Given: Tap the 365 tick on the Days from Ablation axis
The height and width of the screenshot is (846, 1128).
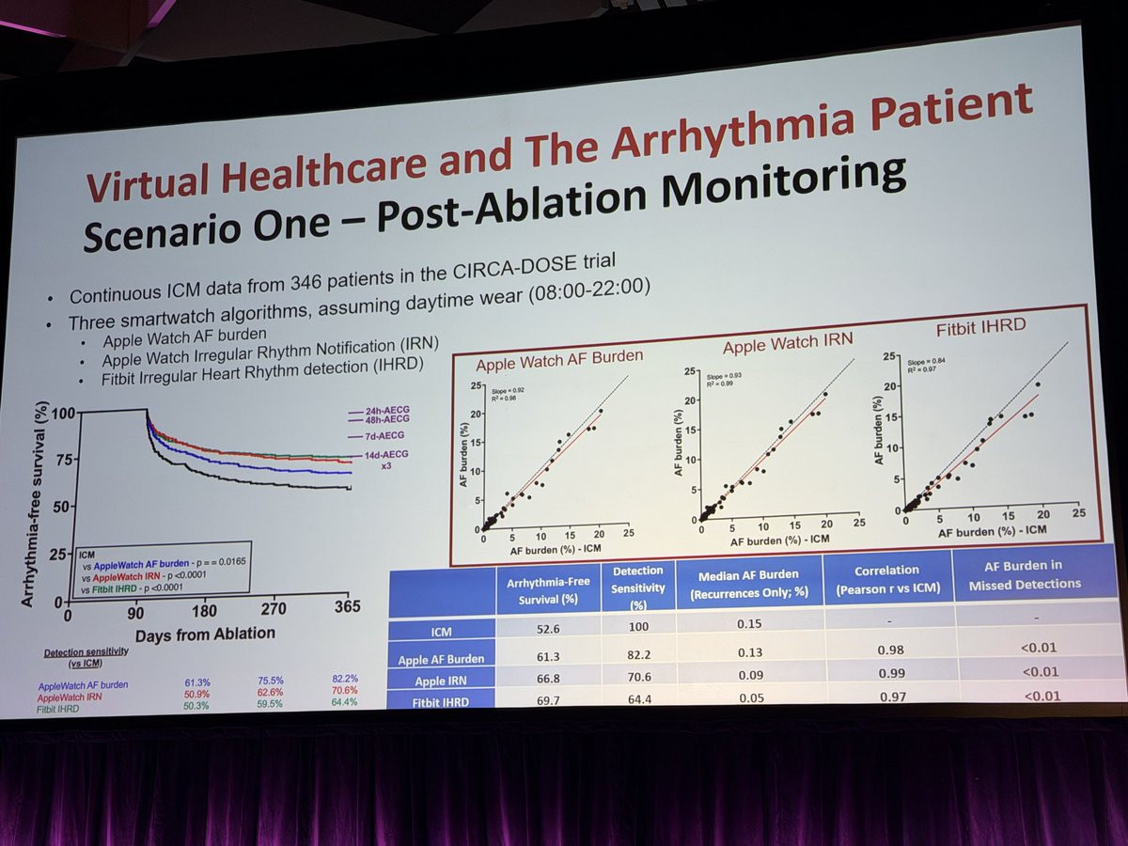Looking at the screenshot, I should point(348,608).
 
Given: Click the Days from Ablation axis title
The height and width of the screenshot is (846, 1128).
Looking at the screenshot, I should point(205,634).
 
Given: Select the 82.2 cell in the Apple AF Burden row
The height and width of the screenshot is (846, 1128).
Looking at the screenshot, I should point(636,652).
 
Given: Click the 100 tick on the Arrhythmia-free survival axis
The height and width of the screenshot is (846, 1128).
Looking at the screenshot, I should point(63,414).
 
